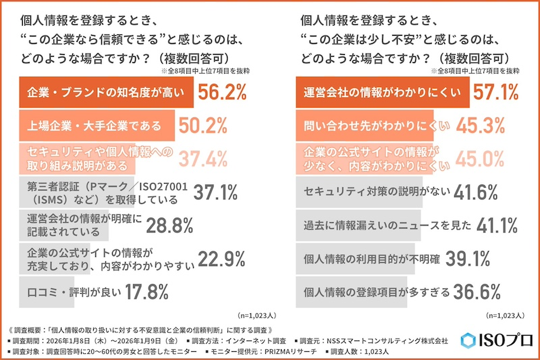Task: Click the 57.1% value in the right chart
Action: (x=495, y=93)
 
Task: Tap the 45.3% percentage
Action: (x=481, y=125)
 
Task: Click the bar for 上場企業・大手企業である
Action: (x=94, y=126)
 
